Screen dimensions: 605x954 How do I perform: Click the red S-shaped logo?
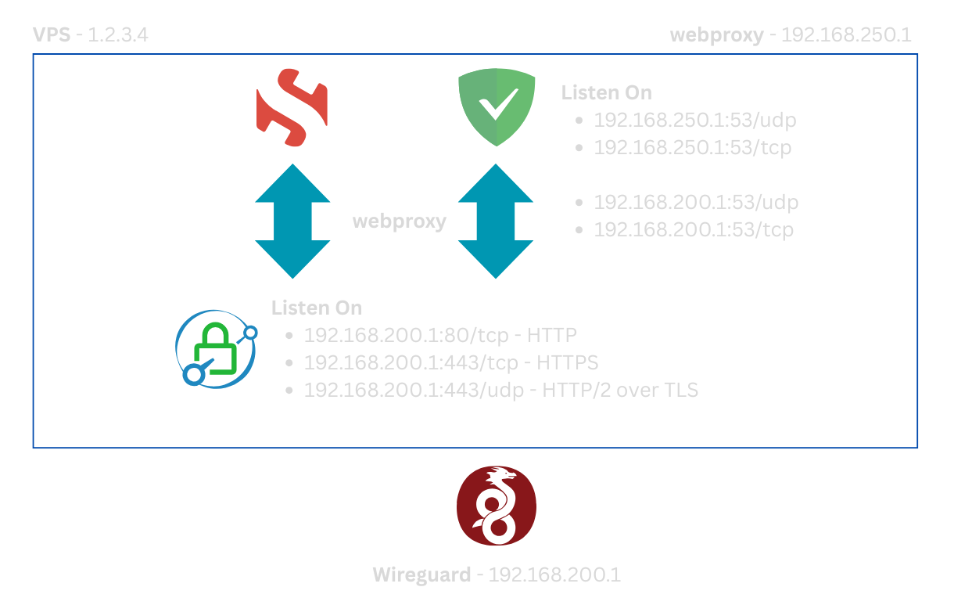[x=292, y=109]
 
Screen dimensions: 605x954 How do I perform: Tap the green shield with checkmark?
[x=497, y=107]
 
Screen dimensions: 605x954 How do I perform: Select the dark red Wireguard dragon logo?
[x=497, y=506]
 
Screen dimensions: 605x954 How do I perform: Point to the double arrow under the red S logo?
[x=293, y=221]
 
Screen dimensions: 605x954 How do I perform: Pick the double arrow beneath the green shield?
[x=496, y=221]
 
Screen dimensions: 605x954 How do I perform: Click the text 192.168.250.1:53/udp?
[x=695, y=120]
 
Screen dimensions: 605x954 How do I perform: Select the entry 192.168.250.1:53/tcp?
[x=693, y=147]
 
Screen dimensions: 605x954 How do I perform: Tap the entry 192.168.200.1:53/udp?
[x=696, y=202]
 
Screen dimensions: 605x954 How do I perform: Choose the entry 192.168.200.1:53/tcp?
[x=694, y=229]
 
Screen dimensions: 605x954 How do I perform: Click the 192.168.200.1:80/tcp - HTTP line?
[x=440, y=336]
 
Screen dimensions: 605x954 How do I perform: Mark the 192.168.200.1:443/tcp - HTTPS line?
[x=451, y=362]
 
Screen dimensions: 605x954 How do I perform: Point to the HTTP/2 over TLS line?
[x=500, y=390]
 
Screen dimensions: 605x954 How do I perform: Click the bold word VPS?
[x=50, y=35]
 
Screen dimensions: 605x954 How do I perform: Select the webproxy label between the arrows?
[x=400, y=221]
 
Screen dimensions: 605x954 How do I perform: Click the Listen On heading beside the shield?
[x=606, y=92]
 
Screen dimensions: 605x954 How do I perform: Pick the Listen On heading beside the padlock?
[x=317, y=308]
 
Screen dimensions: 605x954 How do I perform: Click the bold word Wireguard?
[x=421, y=574]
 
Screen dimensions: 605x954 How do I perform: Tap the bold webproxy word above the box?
[x=716, y=35]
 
